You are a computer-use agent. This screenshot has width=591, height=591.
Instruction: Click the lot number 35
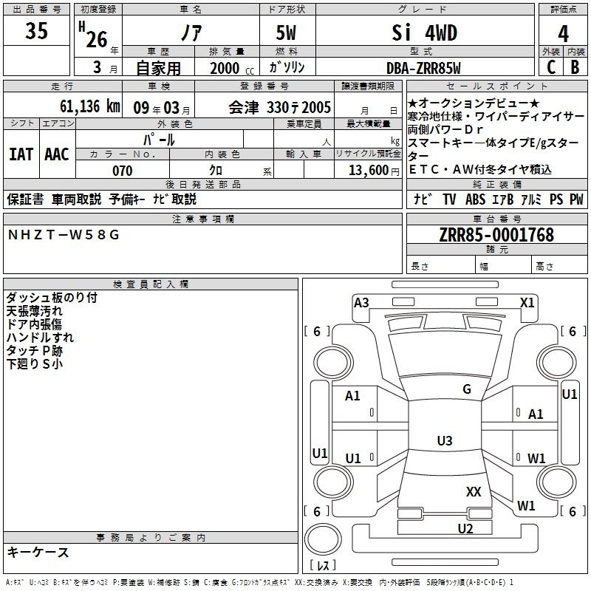(36, 30)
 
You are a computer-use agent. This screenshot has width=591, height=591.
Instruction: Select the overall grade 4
(563, 33)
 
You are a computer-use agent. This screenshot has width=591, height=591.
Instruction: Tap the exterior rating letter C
(551, 66)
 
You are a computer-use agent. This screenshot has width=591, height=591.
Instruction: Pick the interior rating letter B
(575, 66)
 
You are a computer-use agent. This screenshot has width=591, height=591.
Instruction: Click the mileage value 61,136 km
(90, 106)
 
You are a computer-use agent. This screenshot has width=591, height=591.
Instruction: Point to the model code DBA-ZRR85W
(423, 68)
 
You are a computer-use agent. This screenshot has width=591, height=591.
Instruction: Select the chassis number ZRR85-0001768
(496, 235)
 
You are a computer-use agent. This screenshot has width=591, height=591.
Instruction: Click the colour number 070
(123, 171)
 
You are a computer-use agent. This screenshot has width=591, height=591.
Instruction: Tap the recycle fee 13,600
(369, 170)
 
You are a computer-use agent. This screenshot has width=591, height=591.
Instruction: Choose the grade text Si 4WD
(424, 33)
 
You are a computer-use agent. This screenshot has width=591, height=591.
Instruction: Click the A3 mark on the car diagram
(361, 303)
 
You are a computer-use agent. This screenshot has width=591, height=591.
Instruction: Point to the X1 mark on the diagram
(527, 303)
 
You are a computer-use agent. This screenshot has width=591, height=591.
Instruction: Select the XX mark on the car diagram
(474, 491)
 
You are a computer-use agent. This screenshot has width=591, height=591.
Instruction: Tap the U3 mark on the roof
(445, 440)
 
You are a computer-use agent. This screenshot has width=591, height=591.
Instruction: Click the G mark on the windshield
(467, 389)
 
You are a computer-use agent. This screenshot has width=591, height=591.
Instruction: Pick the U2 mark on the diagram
(465, 528)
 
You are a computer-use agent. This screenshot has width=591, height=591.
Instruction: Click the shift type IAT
(21, 154)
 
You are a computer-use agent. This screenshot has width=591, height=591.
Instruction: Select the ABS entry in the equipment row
(475, 199)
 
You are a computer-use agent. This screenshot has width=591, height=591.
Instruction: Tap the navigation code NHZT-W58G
(64, 235)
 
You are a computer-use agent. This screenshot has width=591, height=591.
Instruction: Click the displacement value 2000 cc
(232, 68)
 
